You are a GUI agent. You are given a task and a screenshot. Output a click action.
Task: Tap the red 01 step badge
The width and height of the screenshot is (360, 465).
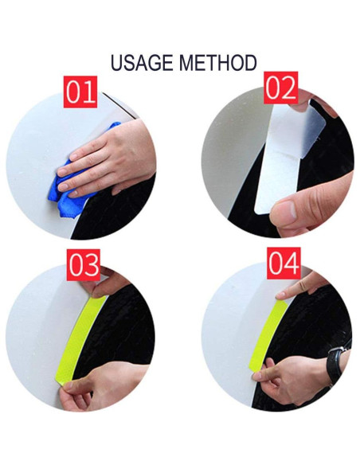coord(80,92)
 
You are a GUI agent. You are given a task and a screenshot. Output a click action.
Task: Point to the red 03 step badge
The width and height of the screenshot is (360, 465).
coord(83,266)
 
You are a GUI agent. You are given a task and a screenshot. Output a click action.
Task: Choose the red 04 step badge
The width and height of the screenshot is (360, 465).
coord(283,264)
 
